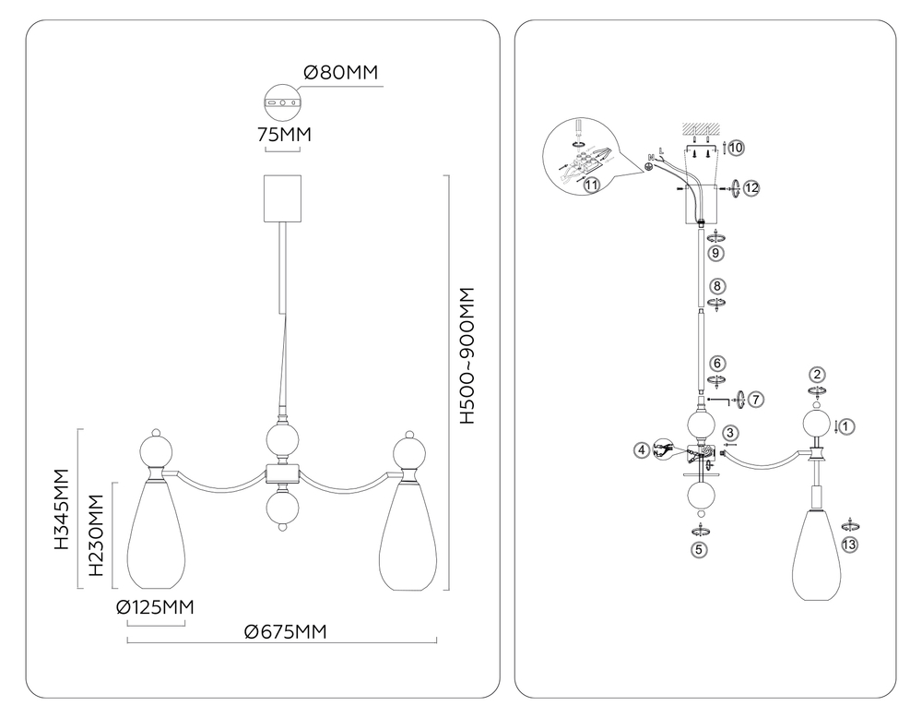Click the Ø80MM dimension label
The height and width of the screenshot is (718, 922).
(x=340, y=72)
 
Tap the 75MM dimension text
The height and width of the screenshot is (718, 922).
(x=284, y=135)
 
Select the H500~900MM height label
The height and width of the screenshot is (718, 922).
(x=467, y=355)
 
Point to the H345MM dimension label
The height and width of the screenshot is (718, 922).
(x=61, y=509)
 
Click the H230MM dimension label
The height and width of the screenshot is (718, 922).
(x=96, y=535)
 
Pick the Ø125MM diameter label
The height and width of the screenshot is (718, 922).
(x=155, y=606)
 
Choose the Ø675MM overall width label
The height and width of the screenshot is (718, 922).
(x=285, y=631)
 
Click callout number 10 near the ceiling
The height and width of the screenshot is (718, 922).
(x=736, y=147)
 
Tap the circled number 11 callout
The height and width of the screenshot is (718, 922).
(x=592, y=185)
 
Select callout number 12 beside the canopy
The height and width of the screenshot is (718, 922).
(x=751, y=187)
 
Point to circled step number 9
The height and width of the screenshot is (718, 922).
(x=715, y=253)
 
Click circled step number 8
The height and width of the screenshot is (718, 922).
(x=717, y=286)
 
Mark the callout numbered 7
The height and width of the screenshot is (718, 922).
(x=756, y=399)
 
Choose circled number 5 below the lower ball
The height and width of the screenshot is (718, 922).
(x=699, y=550)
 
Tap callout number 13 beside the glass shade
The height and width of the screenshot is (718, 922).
(x=849, y=544)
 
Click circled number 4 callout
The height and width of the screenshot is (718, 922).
(x=642, y=450)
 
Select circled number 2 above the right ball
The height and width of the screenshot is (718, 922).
(x=817, y=375)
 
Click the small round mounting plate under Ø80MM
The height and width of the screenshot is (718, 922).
(x=282, y=102)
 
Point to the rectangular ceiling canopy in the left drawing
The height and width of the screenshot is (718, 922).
(x=282, y=198)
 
